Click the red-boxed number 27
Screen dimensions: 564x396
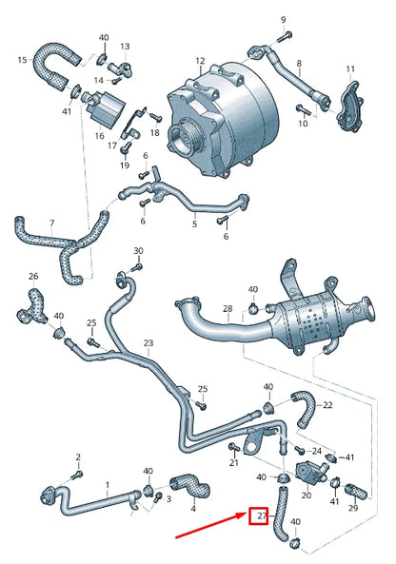point(259,517)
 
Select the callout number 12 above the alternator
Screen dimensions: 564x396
point(200,61)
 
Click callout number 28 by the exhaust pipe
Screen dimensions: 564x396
point(227,309)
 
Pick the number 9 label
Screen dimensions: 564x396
point(282,19)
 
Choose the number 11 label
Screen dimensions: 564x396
point(349,68)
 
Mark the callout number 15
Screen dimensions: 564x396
point(22,60)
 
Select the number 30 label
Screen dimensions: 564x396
point(138,251)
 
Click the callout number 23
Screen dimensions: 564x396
point(148,342)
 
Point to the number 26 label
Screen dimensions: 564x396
point(33,277)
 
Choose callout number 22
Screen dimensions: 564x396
point(327,404)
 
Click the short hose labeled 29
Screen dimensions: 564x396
point(357,492)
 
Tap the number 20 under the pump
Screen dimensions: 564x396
point(307,496)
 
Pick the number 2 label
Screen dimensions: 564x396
point(78,457)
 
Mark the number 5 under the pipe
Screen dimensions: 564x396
point(194,224)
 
